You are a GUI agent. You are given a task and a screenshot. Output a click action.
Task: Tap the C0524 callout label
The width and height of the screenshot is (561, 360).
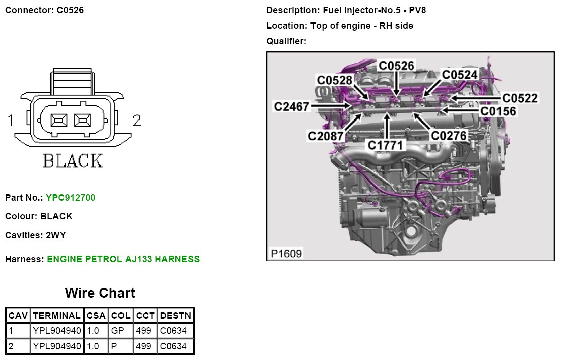(460, 75)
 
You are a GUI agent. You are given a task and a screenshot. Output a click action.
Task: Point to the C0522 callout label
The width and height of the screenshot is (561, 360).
(520, 98)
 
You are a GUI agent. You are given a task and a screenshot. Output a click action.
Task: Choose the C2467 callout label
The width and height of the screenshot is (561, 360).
(291, 106)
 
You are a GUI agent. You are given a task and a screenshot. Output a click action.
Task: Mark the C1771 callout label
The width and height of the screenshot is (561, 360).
(386, 145)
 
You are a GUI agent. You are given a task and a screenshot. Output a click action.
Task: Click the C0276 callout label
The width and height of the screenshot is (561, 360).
(449, 135)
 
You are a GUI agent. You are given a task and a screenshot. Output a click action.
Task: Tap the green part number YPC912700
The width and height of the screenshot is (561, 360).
(70, 198)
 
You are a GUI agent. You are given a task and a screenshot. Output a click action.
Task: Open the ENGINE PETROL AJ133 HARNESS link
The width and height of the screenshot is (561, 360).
(123, 259)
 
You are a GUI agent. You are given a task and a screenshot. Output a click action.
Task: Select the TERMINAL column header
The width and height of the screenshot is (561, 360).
(56, 316)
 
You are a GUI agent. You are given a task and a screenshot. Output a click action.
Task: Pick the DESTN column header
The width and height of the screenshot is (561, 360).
(175, 316)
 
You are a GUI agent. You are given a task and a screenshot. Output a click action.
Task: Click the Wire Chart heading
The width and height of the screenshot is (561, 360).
(100, 293)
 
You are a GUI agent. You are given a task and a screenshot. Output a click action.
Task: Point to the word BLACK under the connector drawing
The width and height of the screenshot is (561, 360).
(73, 161)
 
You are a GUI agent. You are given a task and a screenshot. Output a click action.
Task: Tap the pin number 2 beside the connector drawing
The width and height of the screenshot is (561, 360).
(136, 121)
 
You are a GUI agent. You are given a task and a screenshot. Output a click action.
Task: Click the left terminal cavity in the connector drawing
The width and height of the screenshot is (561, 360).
(58, 121)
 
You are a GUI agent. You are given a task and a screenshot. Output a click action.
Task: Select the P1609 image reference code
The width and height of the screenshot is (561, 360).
(286, 253)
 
